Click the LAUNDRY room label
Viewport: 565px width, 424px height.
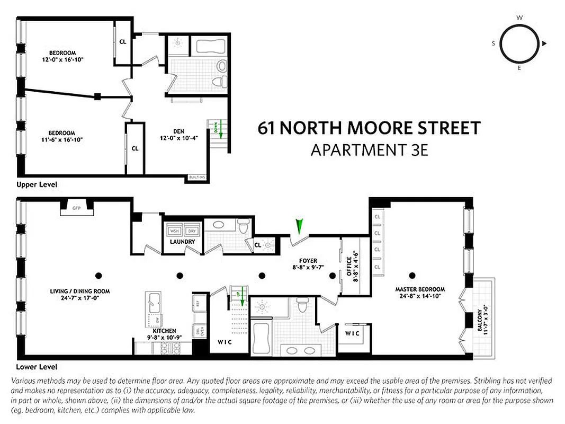coord(182,242)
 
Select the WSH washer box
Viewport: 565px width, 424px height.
coord(174,231)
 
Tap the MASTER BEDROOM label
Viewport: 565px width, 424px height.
coord(420,289)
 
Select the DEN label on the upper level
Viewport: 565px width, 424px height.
coord(178,132)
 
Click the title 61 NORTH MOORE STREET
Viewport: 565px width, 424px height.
coord(369,128)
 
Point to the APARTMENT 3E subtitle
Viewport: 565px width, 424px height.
coord(369,150)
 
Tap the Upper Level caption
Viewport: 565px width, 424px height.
coord(37,184)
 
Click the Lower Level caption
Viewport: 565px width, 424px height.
coord(37,367)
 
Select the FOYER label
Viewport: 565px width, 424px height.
coord(308,261)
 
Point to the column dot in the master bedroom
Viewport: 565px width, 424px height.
coord(412,275)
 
